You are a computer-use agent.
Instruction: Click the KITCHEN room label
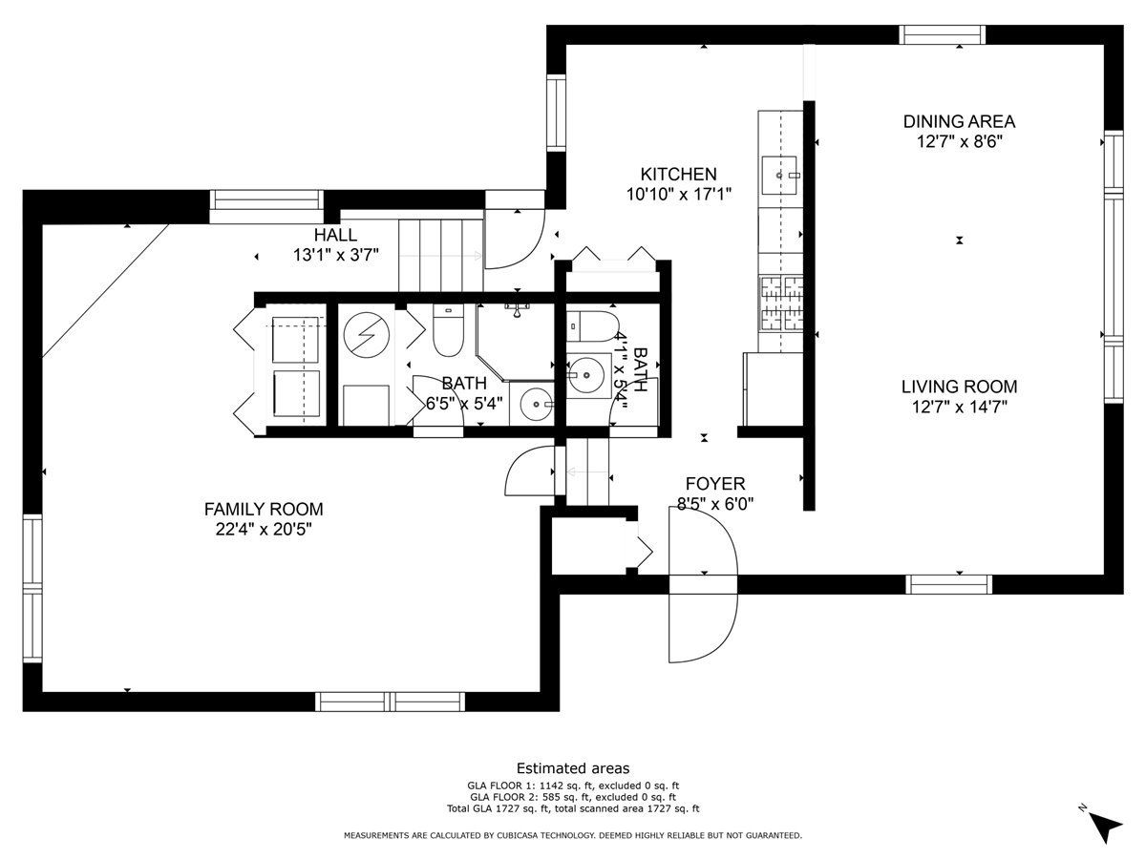tap(678, 174)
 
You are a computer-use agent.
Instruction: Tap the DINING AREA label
tap(959, 121)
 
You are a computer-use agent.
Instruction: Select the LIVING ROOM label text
tap(959, 387)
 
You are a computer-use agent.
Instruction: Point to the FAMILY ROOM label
tap(264, 509)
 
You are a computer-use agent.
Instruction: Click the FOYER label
tap(714, 484)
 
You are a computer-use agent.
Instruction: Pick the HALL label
tap(336, 235)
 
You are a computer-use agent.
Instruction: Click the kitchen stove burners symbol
tap(781, 304)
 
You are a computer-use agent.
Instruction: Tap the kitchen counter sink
tap(779, 176)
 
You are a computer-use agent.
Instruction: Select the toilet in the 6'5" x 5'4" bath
tap(448, 330)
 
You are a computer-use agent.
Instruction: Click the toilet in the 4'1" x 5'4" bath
tap(592, 326)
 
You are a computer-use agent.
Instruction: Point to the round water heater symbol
tap(367, 335)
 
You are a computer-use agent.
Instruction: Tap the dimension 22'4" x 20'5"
tap(264, 530)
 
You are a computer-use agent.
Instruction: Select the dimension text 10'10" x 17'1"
tap(678, 194)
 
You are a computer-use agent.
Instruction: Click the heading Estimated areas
tap(573, 768)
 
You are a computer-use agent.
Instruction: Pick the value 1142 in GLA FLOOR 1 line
tap(551, 786)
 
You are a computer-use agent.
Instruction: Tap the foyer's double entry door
tap(704, 584)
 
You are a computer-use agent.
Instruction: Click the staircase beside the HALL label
tap(441, 255)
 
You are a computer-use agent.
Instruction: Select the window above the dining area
tap(943, 35)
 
